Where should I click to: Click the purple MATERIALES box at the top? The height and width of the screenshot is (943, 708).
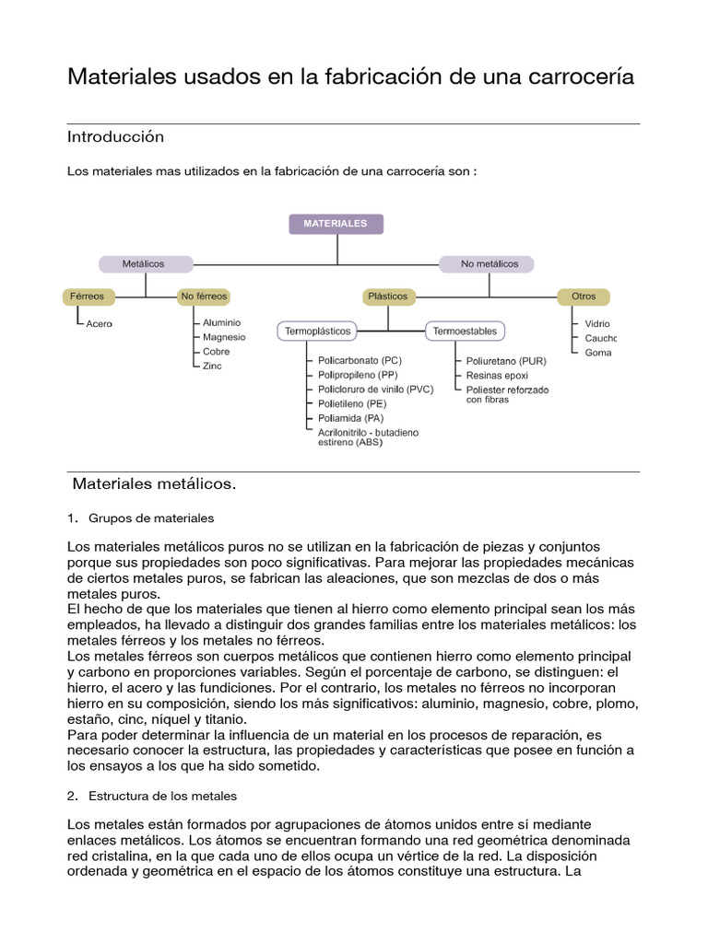(x=336, y=224)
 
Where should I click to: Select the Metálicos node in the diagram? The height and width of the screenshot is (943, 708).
(x=143, y=263)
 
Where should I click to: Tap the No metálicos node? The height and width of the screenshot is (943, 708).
(x=490, y=263)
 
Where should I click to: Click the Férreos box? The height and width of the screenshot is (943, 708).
(x=88, y=297)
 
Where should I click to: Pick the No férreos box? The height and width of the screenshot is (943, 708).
(x=203, y=297)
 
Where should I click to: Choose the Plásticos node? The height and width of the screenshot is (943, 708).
(x=387, y=297)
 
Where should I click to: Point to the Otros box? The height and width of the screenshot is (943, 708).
(x=584, y=297)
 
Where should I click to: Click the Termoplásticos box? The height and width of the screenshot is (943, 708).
(x=317, y=331)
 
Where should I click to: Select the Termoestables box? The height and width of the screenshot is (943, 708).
(x=465, y=331)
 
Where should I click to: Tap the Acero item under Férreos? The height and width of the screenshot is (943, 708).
(x=99, y=324)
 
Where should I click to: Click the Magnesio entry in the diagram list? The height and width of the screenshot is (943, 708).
(x=224, y=337)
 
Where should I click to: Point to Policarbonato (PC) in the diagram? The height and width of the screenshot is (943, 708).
(x=360, y=361)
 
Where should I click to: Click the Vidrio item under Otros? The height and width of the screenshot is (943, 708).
(x=597, y=324)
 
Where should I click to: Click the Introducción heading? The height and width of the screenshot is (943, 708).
(x=115, y=137)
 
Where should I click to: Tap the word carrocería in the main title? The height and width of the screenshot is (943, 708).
(x=584, y=77)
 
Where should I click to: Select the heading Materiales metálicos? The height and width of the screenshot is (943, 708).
(x=154, y=483)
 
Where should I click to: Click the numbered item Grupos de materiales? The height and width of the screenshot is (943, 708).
(x=151, y=518)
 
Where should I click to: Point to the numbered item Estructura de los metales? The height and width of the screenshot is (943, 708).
(x=163, y=795)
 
